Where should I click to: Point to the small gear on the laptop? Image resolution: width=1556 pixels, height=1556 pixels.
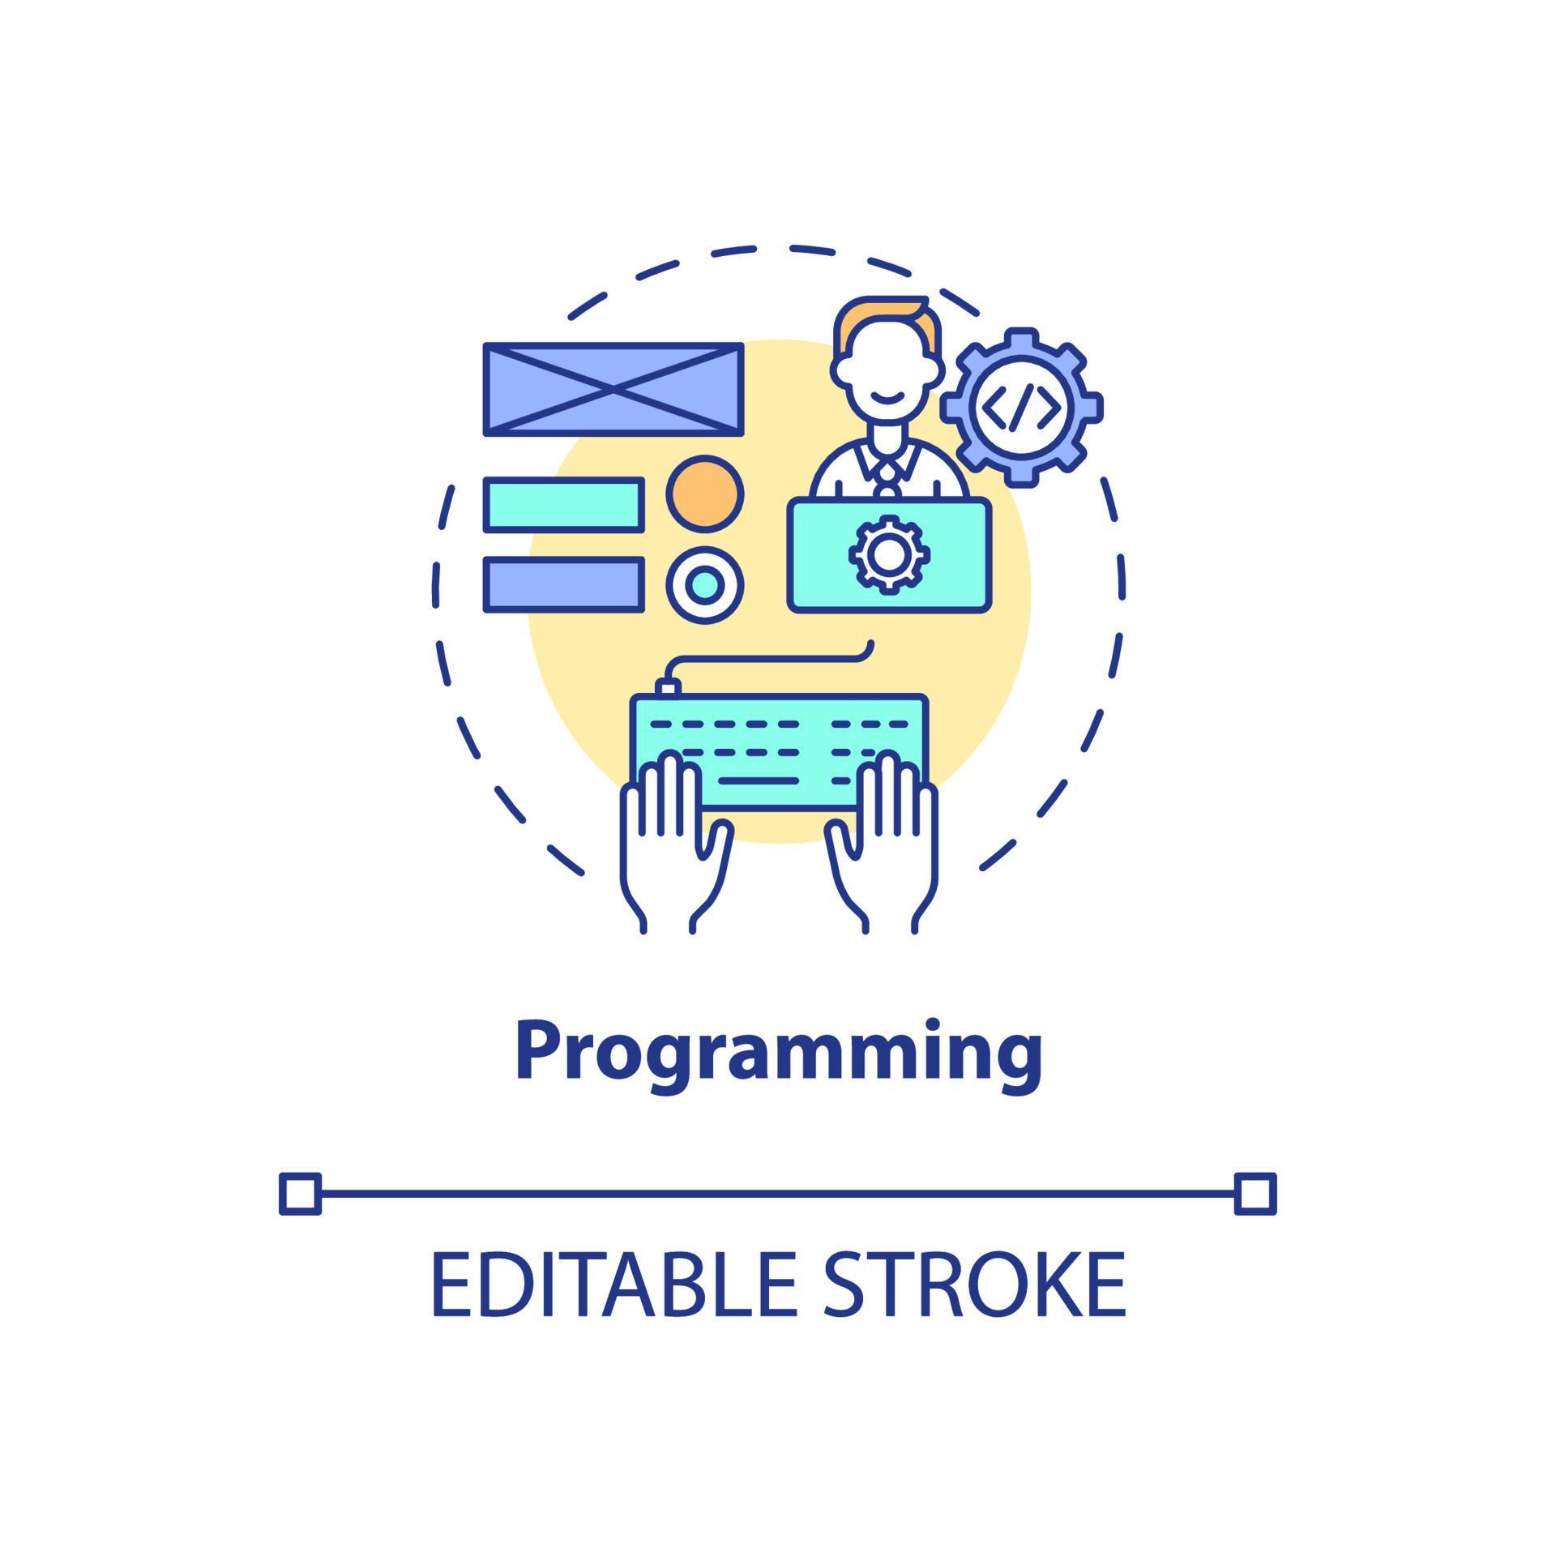click(x=889, y=554)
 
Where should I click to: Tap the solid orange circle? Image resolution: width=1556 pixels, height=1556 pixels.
click(x=704, y=494)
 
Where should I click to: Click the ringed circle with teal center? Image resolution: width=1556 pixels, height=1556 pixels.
click(x=704, y=584)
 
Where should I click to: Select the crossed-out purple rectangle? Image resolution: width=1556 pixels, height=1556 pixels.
click(x=613, y=389)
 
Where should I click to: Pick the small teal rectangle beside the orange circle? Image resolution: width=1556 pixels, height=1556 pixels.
click(x=564, y=505)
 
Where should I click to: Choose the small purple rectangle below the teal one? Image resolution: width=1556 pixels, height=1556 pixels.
click(x=564, y=583)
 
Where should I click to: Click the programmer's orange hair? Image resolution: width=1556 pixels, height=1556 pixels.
click(x=883, y=313)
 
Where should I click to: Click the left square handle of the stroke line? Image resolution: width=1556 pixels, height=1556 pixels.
click(x=300, y=1193)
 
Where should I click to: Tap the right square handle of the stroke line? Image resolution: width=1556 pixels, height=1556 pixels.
click(x=1255, y=1193)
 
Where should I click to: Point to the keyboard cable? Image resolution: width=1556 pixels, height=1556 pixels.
click(x=770, y=658)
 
